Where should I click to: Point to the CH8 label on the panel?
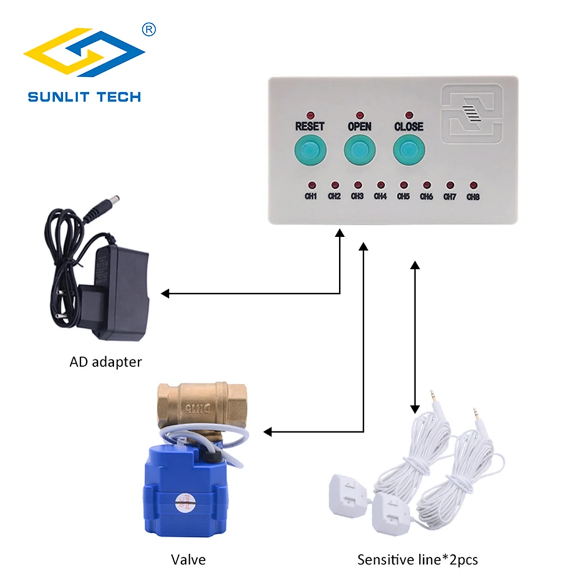473,196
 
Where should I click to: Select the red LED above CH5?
403,184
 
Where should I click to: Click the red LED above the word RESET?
310,114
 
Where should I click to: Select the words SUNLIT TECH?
84,96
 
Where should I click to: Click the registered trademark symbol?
149,29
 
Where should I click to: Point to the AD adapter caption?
106,362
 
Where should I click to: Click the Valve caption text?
188,560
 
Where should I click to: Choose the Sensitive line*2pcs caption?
418,560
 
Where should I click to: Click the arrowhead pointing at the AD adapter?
166,293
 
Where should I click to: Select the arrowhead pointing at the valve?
268,432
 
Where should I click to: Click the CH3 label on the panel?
357,196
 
